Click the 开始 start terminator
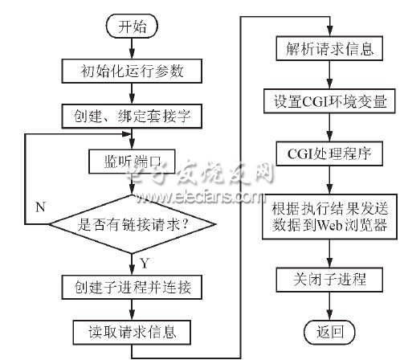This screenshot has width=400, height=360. point(132,27)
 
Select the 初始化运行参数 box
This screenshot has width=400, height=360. point(132,71)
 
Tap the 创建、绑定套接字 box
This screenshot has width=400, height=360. point(132,117)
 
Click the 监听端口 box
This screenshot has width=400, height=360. point(132,162)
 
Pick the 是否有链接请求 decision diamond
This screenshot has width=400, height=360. point(132,224)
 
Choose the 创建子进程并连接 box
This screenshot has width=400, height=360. point(132,287)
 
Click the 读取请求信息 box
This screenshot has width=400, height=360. point(132,332)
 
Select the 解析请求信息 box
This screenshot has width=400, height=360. point(329,48)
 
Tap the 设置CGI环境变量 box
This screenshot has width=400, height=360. point(329,101)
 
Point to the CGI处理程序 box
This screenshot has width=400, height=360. point(329,153)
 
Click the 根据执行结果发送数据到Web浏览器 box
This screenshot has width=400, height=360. point(329,216)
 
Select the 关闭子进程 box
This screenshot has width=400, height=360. point(329,280)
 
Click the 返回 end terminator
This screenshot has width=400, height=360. point(329,332)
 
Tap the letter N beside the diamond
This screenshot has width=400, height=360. point(40,207)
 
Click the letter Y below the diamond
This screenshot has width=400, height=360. point(145,263)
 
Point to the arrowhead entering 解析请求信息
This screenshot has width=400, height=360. point(329,31)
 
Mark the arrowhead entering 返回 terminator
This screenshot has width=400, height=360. point(329,315)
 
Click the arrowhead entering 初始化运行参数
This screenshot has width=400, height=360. point(132,54)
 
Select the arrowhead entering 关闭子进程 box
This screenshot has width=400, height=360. point(329,262)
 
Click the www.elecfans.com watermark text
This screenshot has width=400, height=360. point(199,198)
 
